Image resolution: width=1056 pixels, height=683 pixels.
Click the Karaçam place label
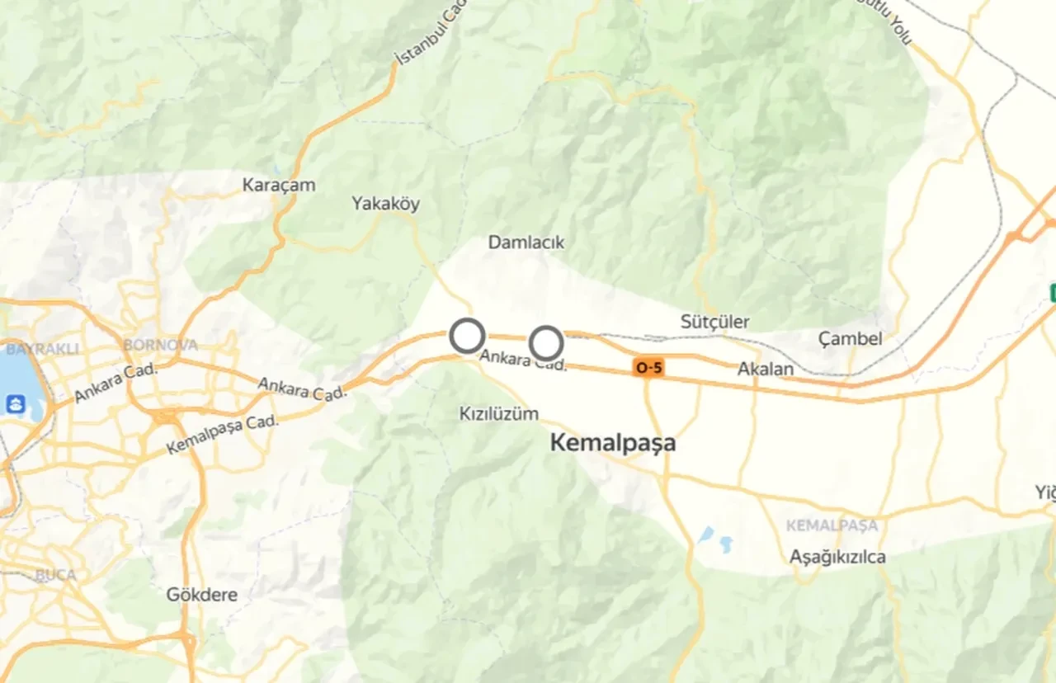(279, 185)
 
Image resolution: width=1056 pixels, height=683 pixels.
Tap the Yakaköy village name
(385, 203)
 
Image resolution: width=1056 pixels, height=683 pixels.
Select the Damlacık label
(526, 243)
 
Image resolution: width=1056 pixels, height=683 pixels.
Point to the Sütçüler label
(714, 321)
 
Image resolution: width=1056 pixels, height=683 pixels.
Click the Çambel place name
(850, 338)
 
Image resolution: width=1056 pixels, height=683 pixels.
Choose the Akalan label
(766, 369)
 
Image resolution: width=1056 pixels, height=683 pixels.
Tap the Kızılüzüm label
(498, 413)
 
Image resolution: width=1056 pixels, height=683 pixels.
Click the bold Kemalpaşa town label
(612, 443)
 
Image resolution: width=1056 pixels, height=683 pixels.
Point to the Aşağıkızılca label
(837, 557)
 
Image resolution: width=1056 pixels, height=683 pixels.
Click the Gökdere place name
(202, 594)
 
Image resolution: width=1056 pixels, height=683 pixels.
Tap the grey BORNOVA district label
(160, 344)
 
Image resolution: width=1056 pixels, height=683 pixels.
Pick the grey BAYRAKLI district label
(42, 349)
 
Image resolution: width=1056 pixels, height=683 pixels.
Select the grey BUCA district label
(55, 575)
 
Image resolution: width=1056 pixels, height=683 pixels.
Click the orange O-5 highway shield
(648, 368)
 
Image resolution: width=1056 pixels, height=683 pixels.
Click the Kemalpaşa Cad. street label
(223, 433)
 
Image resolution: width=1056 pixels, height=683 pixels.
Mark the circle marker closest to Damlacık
(545, 342)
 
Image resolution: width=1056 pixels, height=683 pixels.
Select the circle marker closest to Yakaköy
(467, 337)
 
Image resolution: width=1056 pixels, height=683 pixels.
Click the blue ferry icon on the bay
(15, 404)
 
